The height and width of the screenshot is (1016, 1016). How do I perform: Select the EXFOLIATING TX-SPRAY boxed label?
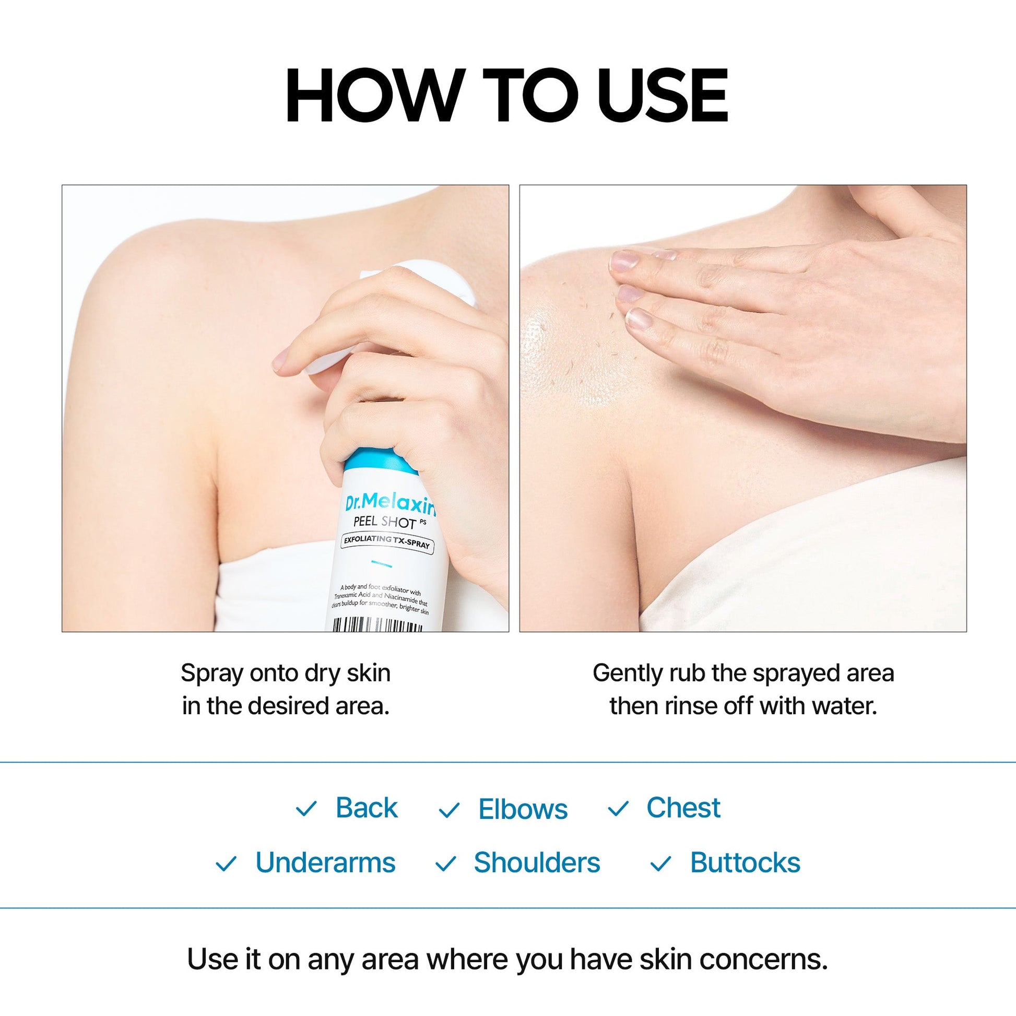[x=387, y=541]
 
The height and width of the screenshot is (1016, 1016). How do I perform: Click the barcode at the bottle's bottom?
[x=377, y=625]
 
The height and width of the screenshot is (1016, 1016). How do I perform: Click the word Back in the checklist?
[x=367, y=808]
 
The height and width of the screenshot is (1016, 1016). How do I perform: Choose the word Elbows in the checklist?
[x=523, y=809]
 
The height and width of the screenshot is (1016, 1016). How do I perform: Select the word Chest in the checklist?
[x=683, y=808]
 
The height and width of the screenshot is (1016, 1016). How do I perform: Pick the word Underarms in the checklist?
[x=325, y=863]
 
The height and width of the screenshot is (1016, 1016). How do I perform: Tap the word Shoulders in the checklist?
[x=536, y=863]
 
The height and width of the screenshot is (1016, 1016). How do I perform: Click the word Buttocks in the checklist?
[x=745, y=863]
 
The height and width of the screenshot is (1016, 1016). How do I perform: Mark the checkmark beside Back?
[x=306, y=809]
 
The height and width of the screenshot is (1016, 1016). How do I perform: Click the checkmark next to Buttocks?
[x=661, y=864]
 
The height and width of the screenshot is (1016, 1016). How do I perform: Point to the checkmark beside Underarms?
[x=226, y=864]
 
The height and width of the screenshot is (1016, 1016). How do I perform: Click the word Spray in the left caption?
[x=211, y=674]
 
